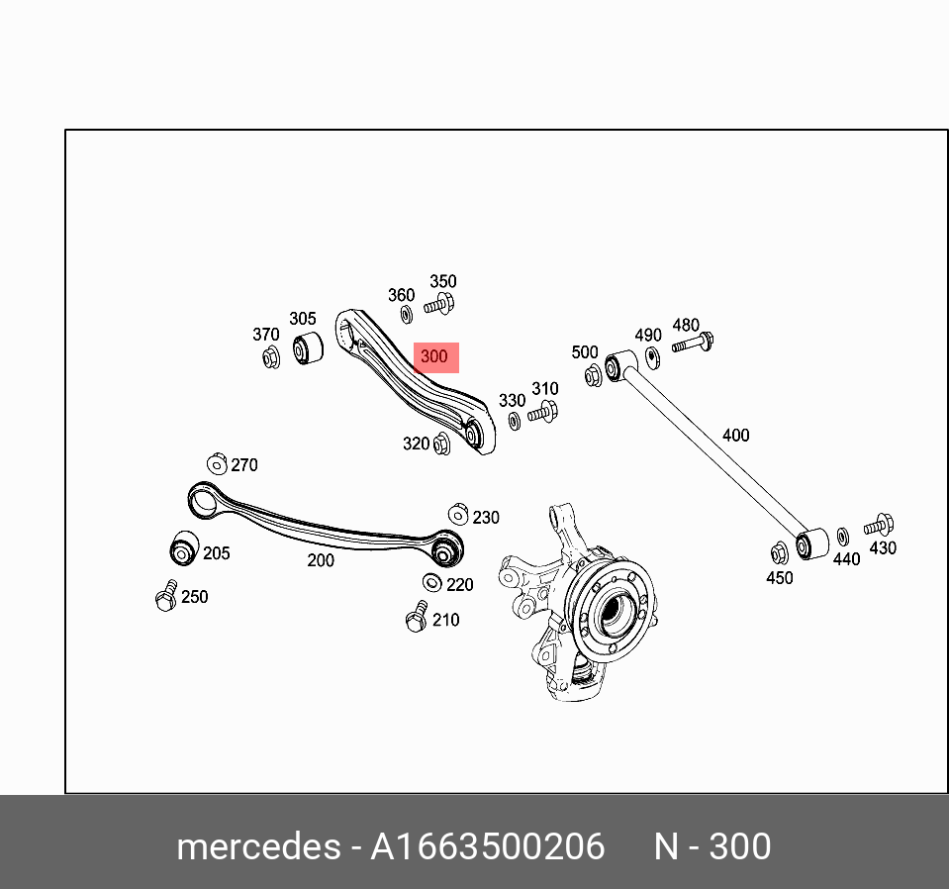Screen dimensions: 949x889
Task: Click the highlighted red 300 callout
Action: click(435, 357)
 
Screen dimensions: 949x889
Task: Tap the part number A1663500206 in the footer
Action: click(487, 846)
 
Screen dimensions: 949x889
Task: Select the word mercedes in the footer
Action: click(258, 846)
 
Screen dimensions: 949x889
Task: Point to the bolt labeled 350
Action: click(440, 303)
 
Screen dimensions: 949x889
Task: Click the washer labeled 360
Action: click(407, 314)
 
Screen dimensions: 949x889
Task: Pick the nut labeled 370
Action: click(271, 358)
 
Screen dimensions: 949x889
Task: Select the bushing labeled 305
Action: click(308, 347)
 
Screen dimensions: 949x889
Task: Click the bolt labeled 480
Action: click(693, 343)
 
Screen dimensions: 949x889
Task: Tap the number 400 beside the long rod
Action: click(735, 435)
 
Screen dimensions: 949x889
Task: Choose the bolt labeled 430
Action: click(879, 525)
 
